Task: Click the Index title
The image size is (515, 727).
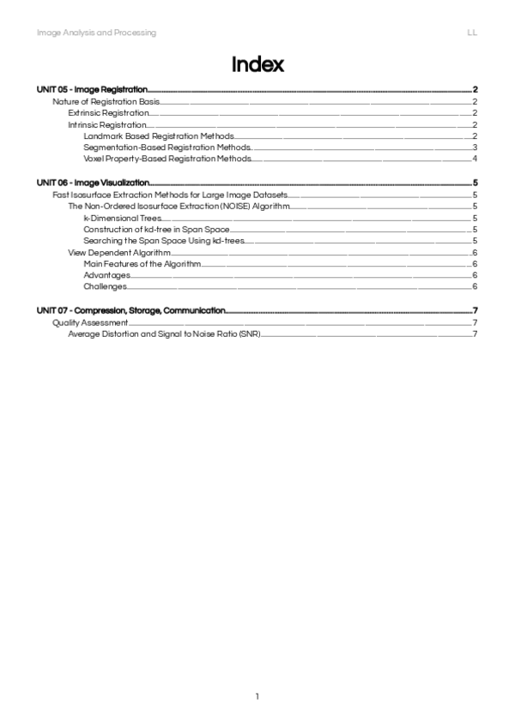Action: click(257, 65)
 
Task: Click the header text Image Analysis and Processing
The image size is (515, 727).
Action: click(96, 33)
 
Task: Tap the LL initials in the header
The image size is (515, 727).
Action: click(472, 33)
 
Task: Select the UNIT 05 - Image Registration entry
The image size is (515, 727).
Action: click(92, 89)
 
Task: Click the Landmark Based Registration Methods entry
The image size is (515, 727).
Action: click(159, 135)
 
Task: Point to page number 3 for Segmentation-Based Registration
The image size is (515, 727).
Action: click(475, 147)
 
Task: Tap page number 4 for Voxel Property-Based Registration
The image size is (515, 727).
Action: click(475, 159)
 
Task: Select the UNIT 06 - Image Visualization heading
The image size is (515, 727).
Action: click(94, 183)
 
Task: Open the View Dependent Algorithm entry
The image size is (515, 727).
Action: click(119, 252)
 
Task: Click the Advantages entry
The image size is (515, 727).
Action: click(107, 275)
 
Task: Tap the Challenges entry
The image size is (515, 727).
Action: click(106, 286)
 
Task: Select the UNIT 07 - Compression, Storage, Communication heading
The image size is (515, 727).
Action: click(131, 310)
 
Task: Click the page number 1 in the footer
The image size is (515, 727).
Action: click(257, 696)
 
